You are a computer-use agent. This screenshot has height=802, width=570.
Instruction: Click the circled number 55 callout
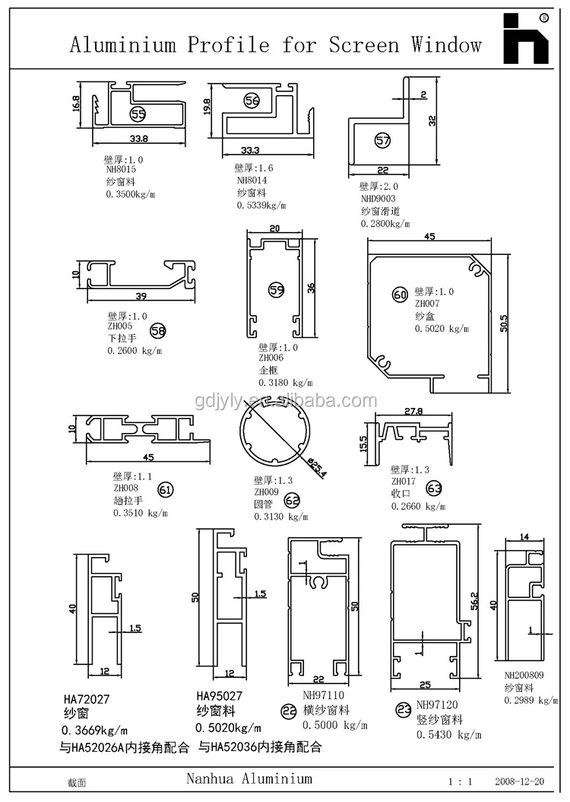pyautogui.click(x=138, y=114)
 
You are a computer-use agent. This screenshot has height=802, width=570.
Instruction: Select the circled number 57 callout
pyautogui.click(x=382, y=140)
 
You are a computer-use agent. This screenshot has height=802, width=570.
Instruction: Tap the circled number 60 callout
pyautogui.click(x=400, y=294)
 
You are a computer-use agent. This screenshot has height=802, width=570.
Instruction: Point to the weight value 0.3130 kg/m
pyautogui.click(x=280, y=516)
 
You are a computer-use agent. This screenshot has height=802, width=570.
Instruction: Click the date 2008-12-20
pyautogui.click(x=519, y=781)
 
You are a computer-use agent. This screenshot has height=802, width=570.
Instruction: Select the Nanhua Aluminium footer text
pyautogui.click(x=249, y=778)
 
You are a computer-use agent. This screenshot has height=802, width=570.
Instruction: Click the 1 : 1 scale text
pyautogui.click(x=461, y=781)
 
